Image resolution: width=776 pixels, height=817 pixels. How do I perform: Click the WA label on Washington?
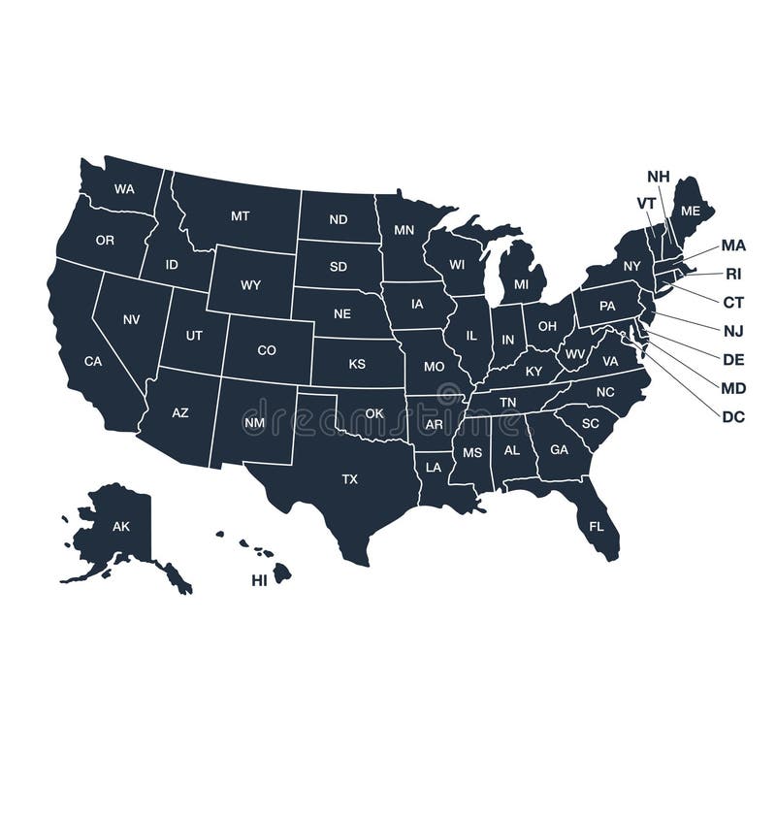coord(124,189)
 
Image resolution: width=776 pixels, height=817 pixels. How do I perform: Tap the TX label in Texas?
coord(349,478)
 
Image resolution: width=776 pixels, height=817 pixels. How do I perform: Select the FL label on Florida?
coord(597,527)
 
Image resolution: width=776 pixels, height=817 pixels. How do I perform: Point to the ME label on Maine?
coord(691,211)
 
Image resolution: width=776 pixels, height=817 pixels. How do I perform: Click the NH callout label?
coord(659,176)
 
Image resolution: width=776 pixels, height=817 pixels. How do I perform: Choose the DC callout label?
coord(733,416)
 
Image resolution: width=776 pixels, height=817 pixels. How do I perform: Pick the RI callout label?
coord(733,274)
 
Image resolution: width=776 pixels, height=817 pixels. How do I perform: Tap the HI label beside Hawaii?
coord(259,580)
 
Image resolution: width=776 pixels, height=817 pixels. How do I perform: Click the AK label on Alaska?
coord(121,527)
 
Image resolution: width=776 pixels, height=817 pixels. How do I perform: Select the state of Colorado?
coord(267,350)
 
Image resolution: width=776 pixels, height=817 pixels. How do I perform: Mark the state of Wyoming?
coord(250,284)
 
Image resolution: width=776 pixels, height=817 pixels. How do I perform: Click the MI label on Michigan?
coord(522,284)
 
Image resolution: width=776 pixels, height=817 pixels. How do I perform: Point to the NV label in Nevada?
coord(131,318)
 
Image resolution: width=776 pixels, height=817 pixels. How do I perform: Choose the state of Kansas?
coord(357,364)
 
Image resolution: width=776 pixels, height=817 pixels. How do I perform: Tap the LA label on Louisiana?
coord(434,467)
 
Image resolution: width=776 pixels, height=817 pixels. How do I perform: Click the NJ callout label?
coord(733,330)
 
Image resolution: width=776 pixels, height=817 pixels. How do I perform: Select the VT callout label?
coord(646,202)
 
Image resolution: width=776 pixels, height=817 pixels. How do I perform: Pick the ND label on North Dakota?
coord(338,219)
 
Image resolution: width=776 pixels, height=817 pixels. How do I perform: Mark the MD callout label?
coord(733,387)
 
